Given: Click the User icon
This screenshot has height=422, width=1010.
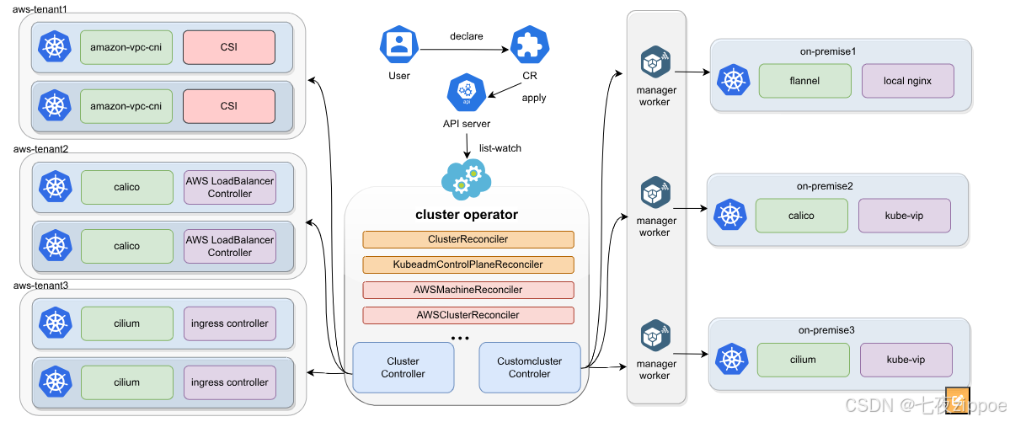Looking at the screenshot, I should pos(399,45).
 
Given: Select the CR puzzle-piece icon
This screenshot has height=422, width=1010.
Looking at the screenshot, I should pos(530,45).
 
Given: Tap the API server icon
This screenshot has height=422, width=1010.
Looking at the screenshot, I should pos(466,93).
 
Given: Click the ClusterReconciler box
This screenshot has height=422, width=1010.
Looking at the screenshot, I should pos(468,239).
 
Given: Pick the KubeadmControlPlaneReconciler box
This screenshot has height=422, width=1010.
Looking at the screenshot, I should pos(468,264).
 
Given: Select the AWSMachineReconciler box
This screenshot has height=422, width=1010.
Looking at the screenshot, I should pos(468,290).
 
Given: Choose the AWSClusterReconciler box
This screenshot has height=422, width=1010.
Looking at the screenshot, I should pos(468,315).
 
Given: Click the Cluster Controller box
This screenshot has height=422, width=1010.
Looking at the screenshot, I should pos(403,367).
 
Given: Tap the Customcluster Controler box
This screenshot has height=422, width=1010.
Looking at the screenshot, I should pos(530,367).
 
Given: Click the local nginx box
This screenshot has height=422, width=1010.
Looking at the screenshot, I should pos(907,81).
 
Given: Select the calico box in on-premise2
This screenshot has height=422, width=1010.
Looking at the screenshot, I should pos(801,216).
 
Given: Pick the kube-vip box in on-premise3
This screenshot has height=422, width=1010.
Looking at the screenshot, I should pos(906,360).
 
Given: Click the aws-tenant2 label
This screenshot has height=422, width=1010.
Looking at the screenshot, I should pos(40,148).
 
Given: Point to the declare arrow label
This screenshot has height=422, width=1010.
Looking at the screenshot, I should pos(466,37).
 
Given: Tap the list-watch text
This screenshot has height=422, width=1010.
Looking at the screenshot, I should pos(500,148).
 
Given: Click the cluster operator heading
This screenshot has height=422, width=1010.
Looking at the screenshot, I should pos(467,214).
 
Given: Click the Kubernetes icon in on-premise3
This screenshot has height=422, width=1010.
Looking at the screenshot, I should pos(732,361).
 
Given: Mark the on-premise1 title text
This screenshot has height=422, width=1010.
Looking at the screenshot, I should pos(828,52).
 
